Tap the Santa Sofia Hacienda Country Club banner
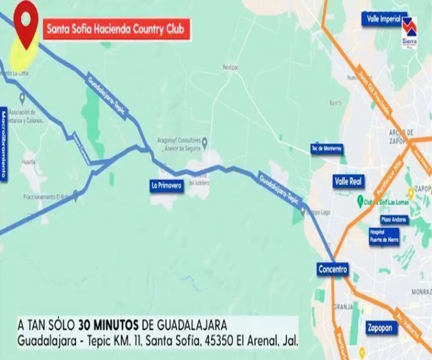[x=117, y=29]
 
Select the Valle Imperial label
[x=383, y=19]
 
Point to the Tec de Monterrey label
[x=327, y=149]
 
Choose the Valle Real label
[x=348, y=181]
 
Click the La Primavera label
[x=166, y=186]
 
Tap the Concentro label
[x=333, y=269]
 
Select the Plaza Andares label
[x=394, y=219]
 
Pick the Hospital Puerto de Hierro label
[x=384, y=237]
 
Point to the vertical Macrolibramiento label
[x=4, y=144]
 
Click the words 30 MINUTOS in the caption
[x=108, y=325]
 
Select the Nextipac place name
[x=231, y=67]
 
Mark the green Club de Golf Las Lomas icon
[x=359, y=200]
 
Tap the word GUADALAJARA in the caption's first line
[x=192, y=325]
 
